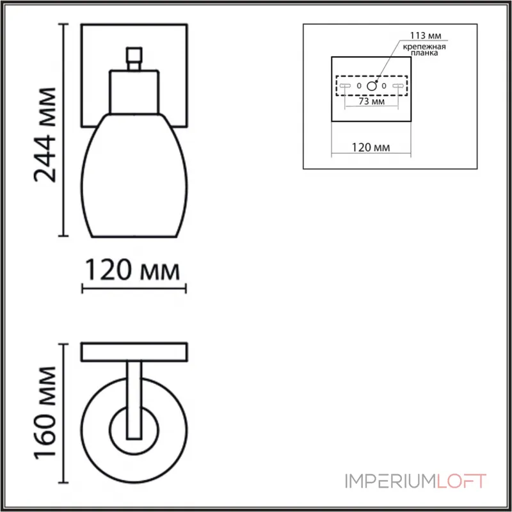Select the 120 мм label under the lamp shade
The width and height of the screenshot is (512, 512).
133,271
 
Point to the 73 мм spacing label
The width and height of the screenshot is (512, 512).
371,101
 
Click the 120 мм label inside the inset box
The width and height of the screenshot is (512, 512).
371,148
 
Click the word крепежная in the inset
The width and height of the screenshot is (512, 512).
424,47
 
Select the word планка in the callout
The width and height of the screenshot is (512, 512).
424,56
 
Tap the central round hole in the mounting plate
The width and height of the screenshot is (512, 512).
371,85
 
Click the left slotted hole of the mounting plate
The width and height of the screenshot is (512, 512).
344,86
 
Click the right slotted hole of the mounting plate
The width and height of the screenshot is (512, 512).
399,86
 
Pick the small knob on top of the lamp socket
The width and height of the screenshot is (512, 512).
134,58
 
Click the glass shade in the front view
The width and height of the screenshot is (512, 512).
133,173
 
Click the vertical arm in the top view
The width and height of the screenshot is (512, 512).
134,397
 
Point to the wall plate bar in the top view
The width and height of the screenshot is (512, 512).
133,351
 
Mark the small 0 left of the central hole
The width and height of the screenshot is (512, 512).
358,86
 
